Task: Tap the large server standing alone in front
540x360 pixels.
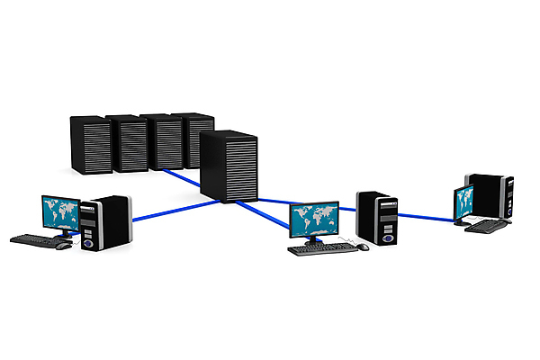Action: [x=228, y=165]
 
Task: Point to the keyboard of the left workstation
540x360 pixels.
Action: [x=37, y=239]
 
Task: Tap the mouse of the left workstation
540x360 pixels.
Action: [x=64, y=246]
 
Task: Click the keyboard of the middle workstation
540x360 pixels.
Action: [x=321, y=247]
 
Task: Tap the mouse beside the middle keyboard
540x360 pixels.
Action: [x=362, y=247]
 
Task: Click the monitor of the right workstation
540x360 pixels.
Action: [x=465, y=202]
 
